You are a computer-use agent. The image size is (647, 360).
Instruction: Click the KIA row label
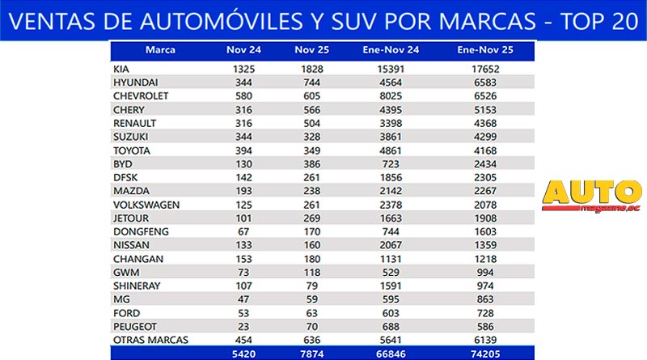(124, 70)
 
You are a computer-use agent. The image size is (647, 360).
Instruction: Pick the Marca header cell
(160, 50)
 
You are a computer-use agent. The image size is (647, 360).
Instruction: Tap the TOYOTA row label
(133, 149)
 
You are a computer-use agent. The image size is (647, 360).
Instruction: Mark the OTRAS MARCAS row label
(150, 338)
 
